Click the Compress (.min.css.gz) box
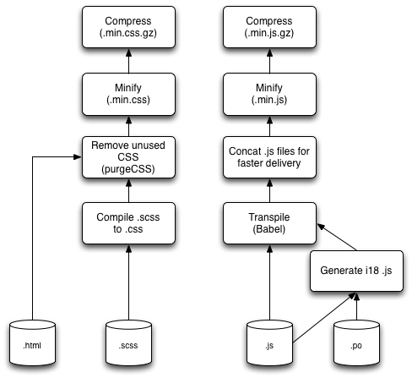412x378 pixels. pos(128,27)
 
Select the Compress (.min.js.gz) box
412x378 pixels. pos(269,27)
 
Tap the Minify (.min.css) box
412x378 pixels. pos(128,94)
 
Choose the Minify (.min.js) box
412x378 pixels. pos(269,94)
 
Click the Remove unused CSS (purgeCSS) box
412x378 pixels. pos(128,157)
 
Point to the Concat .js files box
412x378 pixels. pos(269,157)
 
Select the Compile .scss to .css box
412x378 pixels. pos(128,223)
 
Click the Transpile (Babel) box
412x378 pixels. pos(269,223)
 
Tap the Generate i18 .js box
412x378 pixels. pos(356,271)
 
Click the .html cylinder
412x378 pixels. pos(32,342)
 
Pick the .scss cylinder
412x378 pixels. pos(128,342)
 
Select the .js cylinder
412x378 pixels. pos(269,342)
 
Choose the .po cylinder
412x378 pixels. pos(356,342)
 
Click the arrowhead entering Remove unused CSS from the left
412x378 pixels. pos(78,157)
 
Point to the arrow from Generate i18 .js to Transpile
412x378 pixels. pos(337,237)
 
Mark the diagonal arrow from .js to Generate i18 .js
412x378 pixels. pos(324,318)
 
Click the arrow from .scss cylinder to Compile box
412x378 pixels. pos(128,282)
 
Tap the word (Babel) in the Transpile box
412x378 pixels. pos(269,229)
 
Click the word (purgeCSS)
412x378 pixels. pos(128,169)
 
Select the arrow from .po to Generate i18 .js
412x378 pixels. pos(356,306)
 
